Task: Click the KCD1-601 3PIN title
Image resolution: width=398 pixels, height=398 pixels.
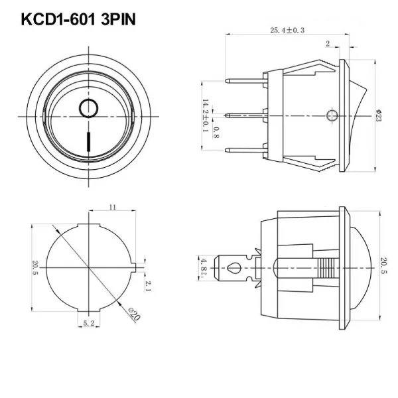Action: coord(78,19)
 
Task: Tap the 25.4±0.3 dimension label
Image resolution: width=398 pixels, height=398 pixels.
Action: coord(287,31)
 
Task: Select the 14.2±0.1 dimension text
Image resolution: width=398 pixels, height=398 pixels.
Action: coord(206,115)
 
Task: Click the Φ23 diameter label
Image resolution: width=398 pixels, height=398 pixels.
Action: coord(378,115)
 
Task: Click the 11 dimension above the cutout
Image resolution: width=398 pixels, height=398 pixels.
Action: coord(113,207)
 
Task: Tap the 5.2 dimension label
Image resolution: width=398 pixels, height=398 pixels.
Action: coord(89,323)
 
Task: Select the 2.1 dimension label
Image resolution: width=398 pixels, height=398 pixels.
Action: coord(148,286)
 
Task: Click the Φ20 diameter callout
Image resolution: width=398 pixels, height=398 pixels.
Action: coord(134,314)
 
